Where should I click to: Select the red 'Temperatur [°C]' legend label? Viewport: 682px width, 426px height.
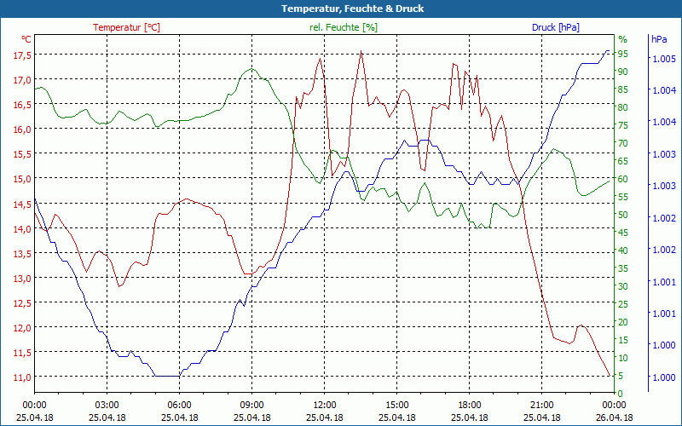(x=126, y=27)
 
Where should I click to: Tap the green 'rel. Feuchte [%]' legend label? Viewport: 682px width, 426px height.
(x=343, y=27)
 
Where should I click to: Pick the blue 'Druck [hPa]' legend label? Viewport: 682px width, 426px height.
(x=555, y=27)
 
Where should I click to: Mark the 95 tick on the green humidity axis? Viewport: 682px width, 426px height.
(x=623, y=54)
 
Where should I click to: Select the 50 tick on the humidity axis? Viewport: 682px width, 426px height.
(x=623, y=215)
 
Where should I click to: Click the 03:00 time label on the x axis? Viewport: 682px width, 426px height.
(x=107, y=405)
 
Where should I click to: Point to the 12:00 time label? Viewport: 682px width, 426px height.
(x=324, y=405)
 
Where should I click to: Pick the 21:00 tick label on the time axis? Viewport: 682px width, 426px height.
(x=541, y=405)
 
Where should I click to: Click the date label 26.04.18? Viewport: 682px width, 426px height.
(x=614, y=417)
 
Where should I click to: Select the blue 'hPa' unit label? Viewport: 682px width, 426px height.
(x=659, y=39)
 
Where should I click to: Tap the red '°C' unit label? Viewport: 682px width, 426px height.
(x=26, y=39)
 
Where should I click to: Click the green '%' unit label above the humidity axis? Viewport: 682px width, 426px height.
(x=622, y=39)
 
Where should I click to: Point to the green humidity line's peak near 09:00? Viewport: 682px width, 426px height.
(x=251, y=69)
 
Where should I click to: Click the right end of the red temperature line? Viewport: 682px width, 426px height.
(x=610, y=375)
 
